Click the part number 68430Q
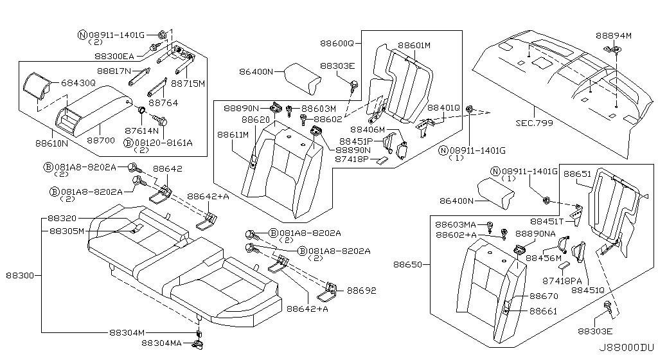(79, 83)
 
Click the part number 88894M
(613, 36)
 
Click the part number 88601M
(414, 46)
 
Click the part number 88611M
(233, 135)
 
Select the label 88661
(544, 311)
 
